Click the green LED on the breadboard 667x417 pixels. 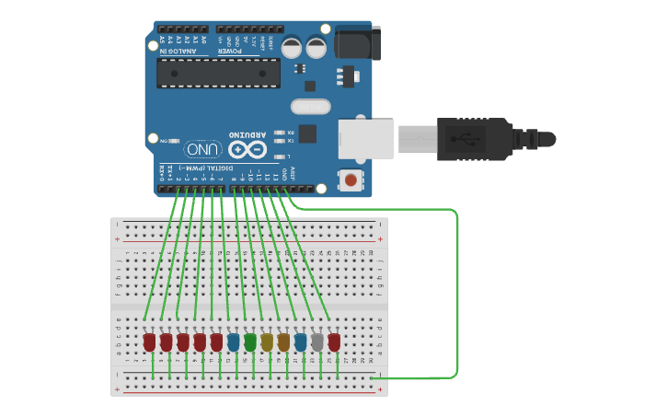click(x=250, y=342)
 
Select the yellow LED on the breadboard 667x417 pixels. click(x=267, y=342)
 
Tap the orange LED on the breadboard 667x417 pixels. click(x=283, y=342)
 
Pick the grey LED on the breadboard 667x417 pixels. click(x=317, y=342)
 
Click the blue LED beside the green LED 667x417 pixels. click(x=234, y=342)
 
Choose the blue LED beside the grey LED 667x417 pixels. click(x=300, y=342)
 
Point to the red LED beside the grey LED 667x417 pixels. click(x=334, y=342)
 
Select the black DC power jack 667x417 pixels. click(x=357, y=42)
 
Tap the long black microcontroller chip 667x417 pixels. click(x=218, y=74)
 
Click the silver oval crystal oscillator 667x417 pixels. click(x=310, y=107)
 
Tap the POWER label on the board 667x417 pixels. click(x=230, y=52)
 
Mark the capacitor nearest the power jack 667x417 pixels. click(x=316, y=47)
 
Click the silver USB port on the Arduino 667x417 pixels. click(x=365, y=138)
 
